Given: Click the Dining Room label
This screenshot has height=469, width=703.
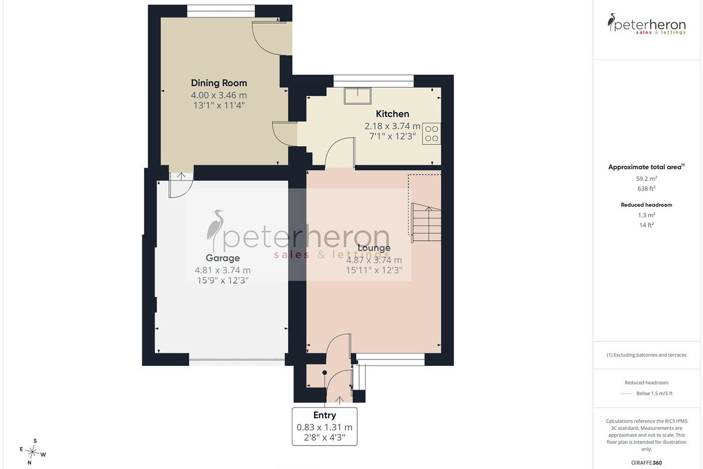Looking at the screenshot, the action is [x=219, y=83].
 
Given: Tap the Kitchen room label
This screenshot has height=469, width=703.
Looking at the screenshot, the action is [x=393, y=114].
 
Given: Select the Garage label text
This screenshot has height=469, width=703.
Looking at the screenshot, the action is [x=223, y=258].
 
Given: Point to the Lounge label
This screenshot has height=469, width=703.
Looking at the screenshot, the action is [x=374, y=248].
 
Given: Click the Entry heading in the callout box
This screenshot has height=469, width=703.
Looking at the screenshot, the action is [x=325, y=415].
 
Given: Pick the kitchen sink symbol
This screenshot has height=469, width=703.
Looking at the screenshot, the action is [x=357, y=96].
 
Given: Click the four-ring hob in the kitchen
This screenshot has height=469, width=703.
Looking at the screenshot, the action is [x=432, y=134].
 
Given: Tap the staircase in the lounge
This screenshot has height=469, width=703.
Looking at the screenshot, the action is [x=426, y=222].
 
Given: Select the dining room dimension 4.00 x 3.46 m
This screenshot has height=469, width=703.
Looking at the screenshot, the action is [x=219, y=95].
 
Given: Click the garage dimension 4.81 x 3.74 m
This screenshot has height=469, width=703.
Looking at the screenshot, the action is [x=223, y=270].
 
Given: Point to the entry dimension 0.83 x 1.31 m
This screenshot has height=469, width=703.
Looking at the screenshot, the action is [x=325, y=427].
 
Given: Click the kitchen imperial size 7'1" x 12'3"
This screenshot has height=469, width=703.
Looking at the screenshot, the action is [x=393, y=137].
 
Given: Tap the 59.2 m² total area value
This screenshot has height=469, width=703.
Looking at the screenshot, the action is [x=647, y=178].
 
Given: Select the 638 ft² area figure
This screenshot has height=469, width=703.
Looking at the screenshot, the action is [x=647, y=189].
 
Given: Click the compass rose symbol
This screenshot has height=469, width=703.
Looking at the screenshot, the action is [x=32, y=452].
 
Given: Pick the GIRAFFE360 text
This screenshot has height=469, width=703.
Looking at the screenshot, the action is [x=647, y=463].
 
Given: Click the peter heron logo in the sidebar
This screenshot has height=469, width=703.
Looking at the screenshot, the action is [x=647, y=24].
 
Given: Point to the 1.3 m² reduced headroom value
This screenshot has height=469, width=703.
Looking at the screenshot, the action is [x=647, y=215].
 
